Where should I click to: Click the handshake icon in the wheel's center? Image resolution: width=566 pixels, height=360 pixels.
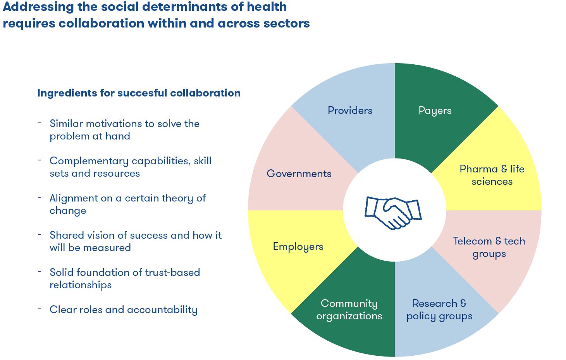393,212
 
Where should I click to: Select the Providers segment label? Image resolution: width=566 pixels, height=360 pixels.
350,110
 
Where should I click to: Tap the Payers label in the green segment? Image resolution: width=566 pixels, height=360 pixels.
435,110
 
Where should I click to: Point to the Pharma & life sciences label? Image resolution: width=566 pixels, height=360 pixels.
492,175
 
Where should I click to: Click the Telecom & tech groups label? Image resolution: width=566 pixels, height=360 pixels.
489,247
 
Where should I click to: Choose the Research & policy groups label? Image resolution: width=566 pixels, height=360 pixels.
439,310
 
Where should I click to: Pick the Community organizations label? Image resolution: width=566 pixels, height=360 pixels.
349,310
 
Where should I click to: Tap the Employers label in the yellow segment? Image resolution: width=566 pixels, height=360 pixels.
298,246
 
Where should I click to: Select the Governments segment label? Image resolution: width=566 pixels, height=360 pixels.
299,174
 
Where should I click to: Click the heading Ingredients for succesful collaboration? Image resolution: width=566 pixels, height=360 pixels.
139,93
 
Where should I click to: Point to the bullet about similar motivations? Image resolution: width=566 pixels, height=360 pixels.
124,130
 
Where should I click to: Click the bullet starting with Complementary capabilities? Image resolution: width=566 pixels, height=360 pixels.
130,167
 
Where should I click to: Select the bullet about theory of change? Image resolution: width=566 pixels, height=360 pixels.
127,204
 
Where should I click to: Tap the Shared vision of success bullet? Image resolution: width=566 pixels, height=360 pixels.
135,241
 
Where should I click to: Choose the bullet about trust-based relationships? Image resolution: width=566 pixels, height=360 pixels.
124,279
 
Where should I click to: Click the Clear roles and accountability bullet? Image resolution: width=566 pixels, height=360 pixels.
123,310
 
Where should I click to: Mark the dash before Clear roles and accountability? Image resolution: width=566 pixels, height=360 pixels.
40,309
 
